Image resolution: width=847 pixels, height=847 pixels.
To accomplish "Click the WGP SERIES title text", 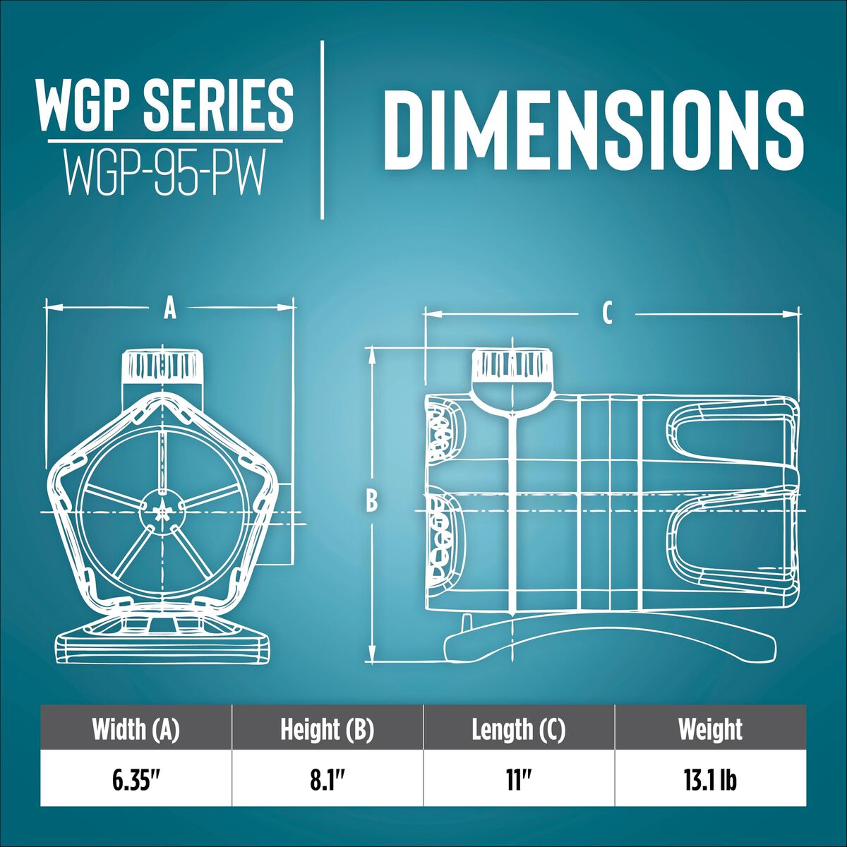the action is (x=165, y=107).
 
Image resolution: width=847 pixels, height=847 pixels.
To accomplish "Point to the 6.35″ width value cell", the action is (x=136, y=780).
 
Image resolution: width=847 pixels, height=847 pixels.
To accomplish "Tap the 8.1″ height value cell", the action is (x=328, y=780).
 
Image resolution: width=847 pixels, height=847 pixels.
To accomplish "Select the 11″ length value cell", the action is (x=519, y=780).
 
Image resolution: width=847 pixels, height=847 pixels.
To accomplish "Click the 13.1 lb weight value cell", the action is (x=711, y=780).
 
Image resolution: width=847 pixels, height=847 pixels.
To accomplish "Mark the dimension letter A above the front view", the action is (x=169, y=309).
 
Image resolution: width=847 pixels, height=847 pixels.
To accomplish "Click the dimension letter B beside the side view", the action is (x=372, y=502).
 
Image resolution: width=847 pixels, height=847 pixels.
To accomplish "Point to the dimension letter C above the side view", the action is (x=607, y=314).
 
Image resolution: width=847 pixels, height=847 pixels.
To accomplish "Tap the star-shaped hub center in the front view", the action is (x=162, y=512).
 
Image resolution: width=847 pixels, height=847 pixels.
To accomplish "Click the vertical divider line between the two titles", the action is (x=323, y=130).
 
